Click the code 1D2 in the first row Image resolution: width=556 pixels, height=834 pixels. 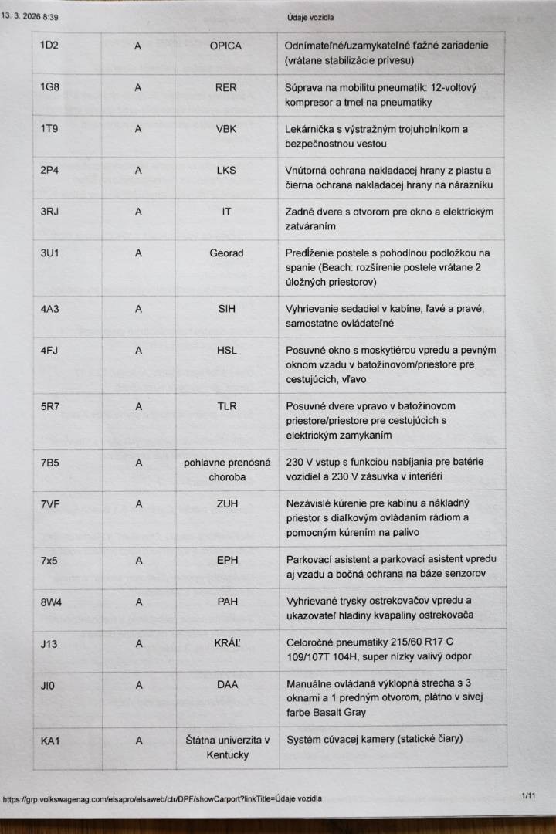click(x=49, y=46)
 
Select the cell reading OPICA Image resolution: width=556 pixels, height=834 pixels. click(x=225, y=46)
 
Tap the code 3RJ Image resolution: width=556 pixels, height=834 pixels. click(x=49, y=212)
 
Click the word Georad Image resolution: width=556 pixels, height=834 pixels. click(x=226, y=253)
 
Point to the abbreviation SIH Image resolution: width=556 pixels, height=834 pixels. click(x=226, y=309)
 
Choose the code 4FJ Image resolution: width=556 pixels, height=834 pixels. click(x=49, y=351)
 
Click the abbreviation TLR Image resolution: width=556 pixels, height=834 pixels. click(x=227, y=406)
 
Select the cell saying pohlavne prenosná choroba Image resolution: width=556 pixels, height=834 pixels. click(x=227, y=470)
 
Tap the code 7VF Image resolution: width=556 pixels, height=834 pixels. click(x=50, y=504)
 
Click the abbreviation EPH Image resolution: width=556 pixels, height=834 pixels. click(x=227, y=560)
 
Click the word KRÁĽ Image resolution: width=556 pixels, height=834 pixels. click(x=227, y=643)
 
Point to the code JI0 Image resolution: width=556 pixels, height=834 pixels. click(x=48, y=685)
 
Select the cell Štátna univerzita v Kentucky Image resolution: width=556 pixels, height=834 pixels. click(x=228, y=748)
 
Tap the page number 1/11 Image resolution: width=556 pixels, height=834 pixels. click(x=528, y=795)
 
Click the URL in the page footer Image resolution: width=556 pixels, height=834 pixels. click(x=162, y=798)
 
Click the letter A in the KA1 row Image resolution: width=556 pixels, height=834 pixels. click(x=139, y=741)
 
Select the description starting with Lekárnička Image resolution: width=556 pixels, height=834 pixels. click(x=377, y=136)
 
